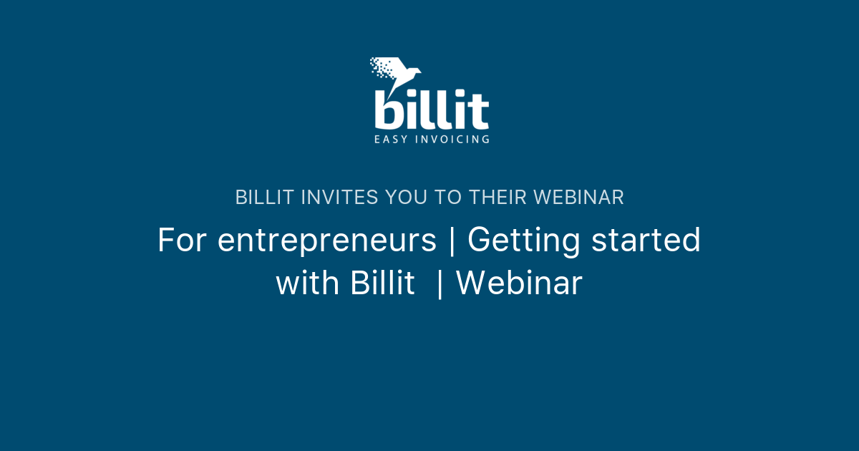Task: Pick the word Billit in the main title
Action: (x=382, y=283)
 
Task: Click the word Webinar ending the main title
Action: (x=519, y=283)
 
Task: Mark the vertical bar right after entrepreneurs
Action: (x=451, y=241)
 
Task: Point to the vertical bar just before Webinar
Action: (x=440, y=284)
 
